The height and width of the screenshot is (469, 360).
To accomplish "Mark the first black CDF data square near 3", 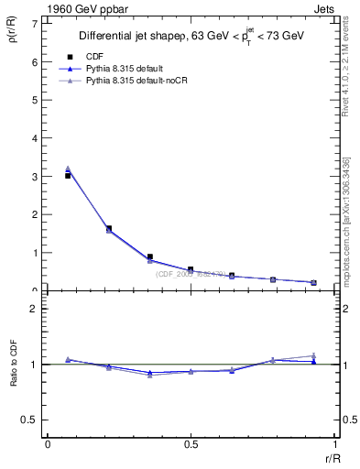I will pyautogui.click(x=69, y=175).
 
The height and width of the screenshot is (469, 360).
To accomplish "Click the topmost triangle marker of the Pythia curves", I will pyautogui.click(x=69, y=169).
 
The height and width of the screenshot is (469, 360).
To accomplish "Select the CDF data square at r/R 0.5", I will pyautogui.click(x=191, y=269).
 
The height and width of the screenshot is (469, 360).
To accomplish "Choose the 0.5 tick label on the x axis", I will pyautogui.click(x=191, y=445).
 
